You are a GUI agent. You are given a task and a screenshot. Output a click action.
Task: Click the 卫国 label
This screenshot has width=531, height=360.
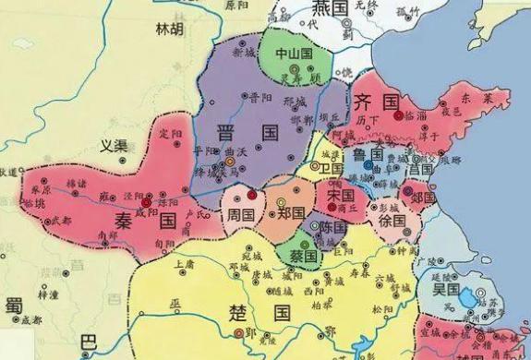pos(331,169)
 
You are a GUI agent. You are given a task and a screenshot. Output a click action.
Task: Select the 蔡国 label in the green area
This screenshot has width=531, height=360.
pos(295,253)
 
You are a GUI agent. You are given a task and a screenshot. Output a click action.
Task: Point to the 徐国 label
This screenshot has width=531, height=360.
pos(392,222)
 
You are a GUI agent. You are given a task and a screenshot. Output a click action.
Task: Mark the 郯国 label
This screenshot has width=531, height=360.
pos(423,198)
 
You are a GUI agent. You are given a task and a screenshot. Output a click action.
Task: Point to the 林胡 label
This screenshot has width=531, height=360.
pos(170,31)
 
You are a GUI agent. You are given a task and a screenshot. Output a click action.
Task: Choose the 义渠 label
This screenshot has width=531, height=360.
pos(115,146)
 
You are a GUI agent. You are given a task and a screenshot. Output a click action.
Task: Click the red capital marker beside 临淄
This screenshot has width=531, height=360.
pos(398,116)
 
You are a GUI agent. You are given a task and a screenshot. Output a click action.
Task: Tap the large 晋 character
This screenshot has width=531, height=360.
pos(225,131)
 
